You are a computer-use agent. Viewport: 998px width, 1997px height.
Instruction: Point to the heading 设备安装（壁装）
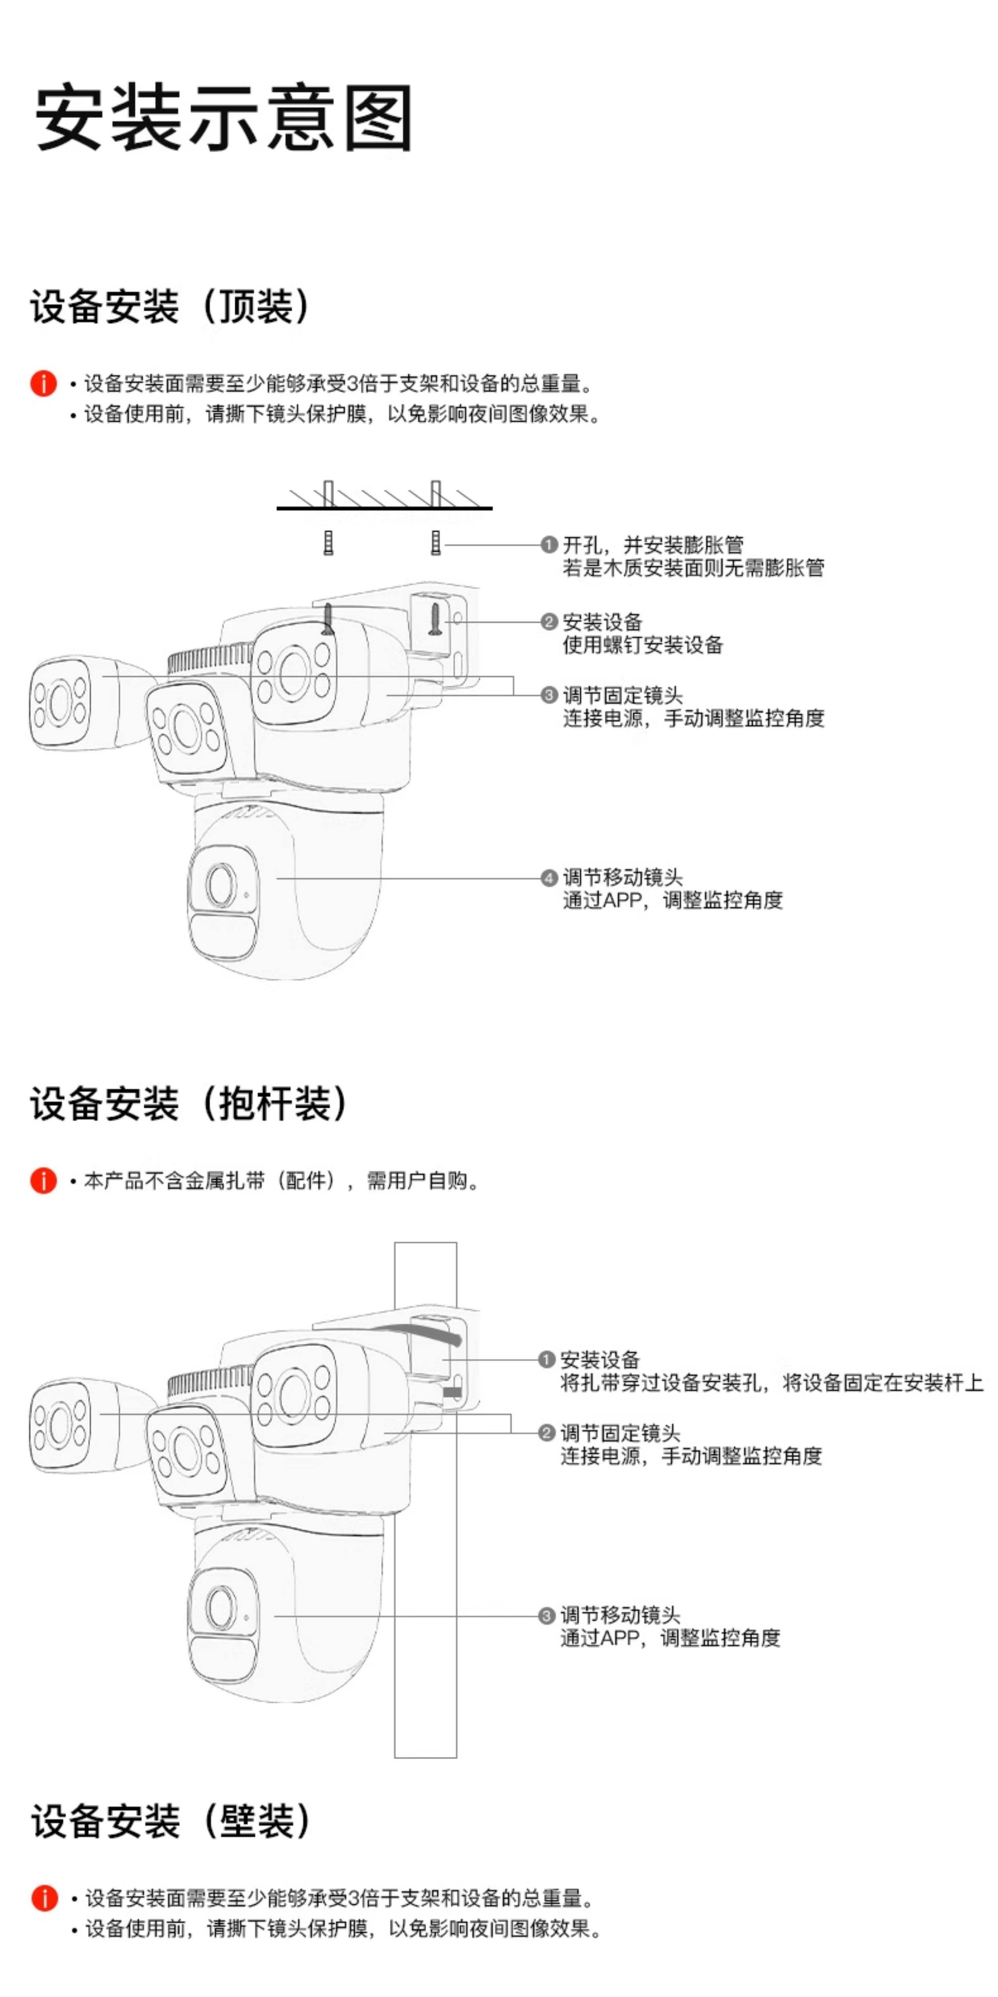tap(171, 1821)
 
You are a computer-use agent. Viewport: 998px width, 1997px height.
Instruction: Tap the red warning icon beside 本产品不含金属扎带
tap(43, 1180)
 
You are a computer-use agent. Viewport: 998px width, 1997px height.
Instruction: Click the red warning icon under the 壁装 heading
tap(44, 1898)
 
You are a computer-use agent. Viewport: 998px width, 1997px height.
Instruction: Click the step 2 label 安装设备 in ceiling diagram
tap(603, 622)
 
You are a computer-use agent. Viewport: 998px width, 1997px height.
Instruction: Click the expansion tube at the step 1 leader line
tap(435, 543)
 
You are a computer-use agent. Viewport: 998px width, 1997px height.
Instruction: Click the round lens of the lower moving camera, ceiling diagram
tap(221, 884)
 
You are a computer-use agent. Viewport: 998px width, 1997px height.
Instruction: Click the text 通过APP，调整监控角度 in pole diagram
tap(670, 1638)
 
